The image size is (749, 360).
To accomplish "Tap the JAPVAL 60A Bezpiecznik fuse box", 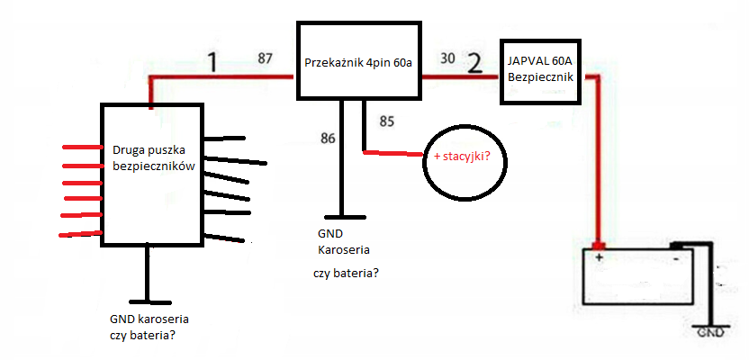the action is (x=543, y=72).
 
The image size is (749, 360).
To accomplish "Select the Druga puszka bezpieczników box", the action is (x=150, y=175).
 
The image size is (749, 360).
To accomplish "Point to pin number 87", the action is (x=265, y=58).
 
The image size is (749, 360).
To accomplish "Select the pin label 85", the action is (x=387, y=121).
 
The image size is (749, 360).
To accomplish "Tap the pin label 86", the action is (x=329, y=139).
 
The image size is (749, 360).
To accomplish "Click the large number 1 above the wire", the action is (x=213, y=62).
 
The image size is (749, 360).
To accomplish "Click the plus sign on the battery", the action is (x=598, y=257).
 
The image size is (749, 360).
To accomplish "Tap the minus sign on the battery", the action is (x=676, y=258).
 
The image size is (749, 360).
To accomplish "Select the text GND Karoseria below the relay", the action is (x=344, y=241).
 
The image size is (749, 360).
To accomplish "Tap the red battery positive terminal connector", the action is (x=598, y=246).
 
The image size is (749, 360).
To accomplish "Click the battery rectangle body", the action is (x=637, y=276).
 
